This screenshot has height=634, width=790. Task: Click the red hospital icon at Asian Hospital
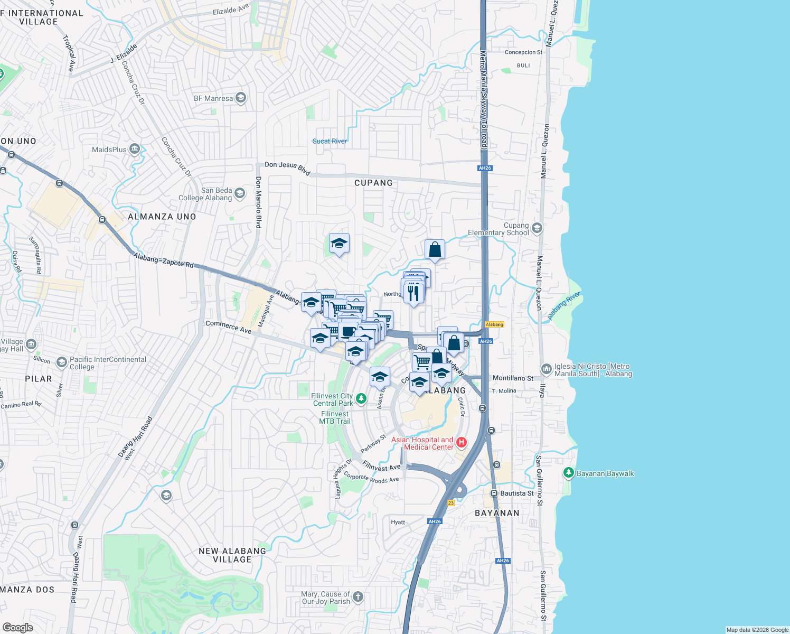tap(462, 442)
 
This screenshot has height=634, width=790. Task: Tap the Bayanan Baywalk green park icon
tap(569, 473)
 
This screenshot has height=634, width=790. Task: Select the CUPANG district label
tap(373, 183)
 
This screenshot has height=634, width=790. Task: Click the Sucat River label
tap(330, 141)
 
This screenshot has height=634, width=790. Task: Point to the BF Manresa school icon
tap(241, 98)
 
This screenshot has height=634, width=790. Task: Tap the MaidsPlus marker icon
tap(135, 150)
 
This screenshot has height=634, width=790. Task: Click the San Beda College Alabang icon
tap(240, 193)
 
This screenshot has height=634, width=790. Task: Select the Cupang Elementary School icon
tap(537, 228)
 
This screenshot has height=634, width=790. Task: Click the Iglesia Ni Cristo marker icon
tap(547, 369)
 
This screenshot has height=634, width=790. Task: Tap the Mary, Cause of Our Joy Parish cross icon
tap(358, 597)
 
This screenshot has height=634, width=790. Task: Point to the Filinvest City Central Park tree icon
tap(361, 399)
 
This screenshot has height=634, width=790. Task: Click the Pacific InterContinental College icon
tap(62, 362)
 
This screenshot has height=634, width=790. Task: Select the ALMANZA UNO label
tap(162, 217)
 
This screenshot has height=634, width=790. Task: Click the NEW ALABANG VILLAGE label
tap(232, 555)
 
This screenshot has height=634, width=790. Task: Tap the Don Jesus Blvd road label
tap(287, 168)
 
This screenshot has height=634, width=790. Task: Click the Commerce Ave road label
tap(229, 327)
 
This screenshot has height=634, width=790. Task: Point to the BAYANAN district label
tap(497, 513)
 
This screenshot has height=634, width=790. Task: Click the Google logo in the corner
tap(17, 627)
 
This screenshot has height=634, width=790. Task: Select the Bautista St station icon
tap(494, 493)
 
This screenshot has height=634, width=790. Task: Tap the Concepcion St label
tap(523, 52)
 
